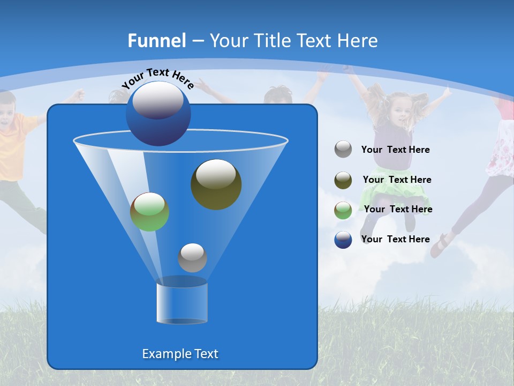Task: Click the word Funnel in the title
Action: coord(157,41)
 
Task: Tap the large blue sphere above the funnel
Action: coord(158,113)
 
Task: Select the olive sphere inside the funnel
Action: coord(216,184)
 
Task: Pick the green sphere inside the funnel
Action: coord(149,212)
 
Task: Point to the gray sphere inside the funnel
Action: coord(192,257)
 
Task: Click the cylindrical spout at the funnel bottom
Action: coord(182,302)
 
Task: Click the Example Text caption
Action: coord(180,354)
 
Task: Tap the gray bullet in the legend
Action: coord(343,150)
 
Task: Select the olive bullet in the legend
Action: coord(343,180)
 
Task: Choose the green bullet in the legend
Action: coord(343,210)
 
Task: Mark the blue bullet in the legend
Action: coord(343,240)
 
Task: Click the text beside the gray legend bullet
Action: coord(395,150)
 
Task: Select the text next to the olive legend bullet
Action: coord(397,180)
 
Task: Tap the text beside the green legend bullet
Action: coord(398,210)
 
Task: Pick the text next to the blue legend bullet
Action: coord(395,240)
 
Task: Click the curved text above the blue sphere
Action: coord(157,78)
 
